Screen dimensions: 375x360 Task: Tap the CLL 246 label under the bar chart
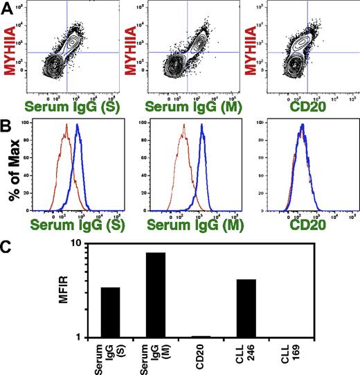coord(247,354)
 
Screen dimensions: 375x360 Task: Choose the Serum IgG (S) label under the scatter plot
coord(66,105)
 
